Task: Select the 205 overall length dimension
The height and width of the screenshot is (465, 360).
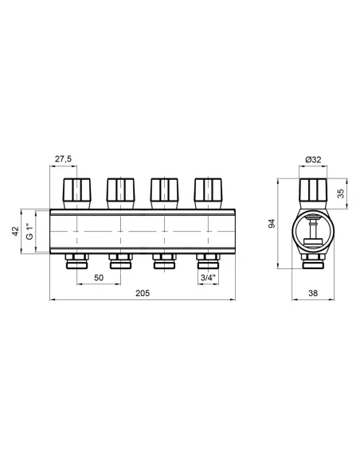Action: pos(141,294)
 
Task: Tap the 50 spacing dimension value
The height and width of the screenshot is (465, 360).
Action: pos(97,277)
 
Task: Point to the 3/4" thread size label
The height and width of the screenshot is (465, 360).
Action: pos(209,277)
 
